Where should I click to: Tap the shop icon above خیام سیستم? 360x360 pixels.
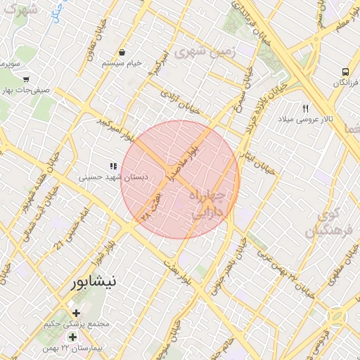122,52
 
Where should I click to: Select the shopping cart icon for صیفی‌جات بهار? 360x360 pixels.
26,79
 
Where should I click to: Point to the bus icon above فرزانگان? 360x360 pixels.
345,72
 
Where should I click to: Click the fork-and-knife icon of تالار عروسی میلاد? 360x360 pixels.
305,108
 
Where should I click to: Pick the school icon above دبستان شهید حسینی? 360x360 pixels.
112,167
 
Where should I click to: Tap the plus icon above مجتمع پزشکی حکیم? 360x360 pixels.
76,313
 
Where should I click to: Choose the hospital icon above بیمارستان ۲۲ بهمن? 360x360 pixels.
72,337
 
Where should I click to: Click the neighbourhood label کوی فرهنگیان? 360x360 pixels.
324,221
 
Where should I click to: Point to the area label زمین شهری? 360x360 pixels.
204,53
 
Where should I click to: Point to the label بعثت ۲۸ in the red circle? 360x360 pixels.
151,207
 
